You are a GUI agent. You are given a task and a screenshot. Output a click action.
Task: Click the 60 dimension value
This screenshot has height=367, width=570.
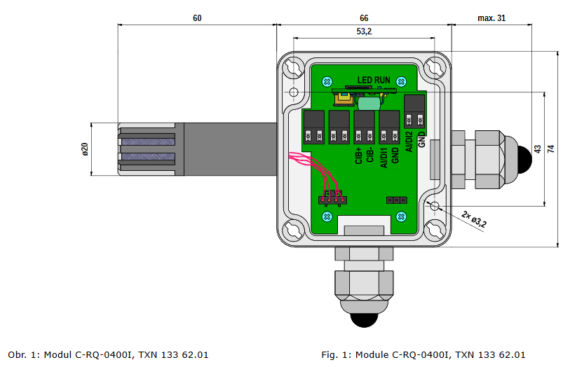tap(197, 18)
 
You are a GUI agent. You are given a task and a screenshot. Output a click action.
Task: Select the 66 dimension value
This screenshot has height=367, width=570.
tap(364, 18)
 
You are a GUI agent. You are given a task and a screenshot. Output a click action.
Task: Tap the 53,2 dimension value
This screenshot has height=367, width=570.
tap(364, 32)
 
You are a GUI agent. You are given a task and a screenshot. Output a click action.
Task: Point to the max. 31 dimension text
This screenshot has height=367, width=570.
tap(491, 18)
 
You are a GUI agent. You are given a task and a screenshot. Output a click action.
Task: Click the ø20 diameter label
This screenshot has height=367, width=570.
tap(85, 149)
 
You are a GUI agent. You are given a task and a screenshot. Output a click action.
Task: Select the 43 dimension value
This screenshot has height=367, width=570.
tap(538, 149)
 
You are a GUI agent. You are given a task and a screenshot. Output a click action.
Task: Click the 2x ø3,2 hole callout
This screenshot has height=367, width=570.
tap(474, 219)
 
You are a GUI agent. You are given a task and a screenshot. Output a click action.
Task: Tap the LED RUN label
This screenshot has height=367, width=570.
tap(374, 81)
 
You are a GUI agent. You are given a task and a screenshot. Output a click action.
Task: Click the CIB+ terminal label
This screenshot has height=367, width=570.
tap(359, 155)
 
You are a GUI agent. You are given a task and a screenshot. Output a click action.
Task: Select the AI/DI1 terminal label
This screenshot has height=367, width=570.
tap(384, 155)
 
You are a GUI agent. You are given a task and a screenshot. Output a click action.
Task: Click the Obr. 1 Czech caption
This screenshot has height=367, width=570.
tap(108, 355)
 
